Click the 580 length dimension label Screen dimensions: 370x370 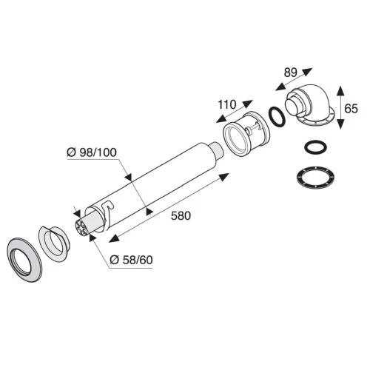pyautogui.click(x=181, y=216)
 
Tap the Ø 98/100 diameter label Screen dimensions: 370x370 pyautogui.click(x=92, y=152)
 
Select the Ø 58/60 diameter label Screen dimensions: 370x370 pyautogui.click(x=131, y=260)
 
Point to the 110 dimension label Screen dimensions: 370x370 pyautogui.click(x=227, y=104)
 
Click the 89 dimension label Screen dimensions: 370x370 pyautogui.click(x=290, y=73)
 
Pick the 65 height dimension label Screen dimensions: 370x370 pyautogui.click(x=351, y=109)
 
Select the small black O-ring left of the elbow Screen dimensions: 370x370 pyautogui.click(x=277, y=117)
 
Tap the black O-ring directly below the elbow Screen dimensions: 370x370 pyautogui.click(x=316, y=147)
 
